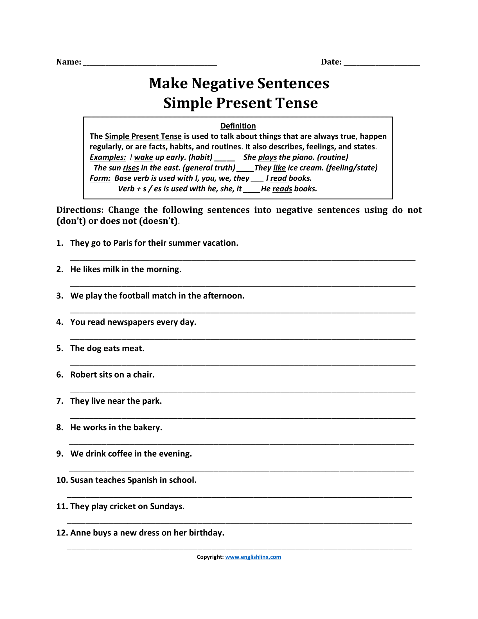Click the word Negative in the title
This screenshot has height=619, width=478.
tap(222, 83)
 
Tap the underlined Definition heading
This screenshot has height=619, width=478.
tap(238, 126)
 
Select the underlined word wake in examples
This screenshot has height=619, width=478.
tap(143, 157)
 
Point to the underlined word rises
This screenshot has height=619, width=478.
tap(131, 168)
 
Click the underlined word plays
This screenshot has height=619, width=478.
tap(267, 157)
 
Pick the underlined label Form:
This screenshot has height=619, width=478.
tap(100, 178)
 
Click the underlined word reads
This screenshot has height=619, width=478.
tap(282, 189)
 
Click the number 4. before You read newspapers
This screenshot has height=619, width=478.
tap(59, 322)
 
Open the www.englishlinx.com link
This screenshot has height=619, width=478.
tap(253, 557)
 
